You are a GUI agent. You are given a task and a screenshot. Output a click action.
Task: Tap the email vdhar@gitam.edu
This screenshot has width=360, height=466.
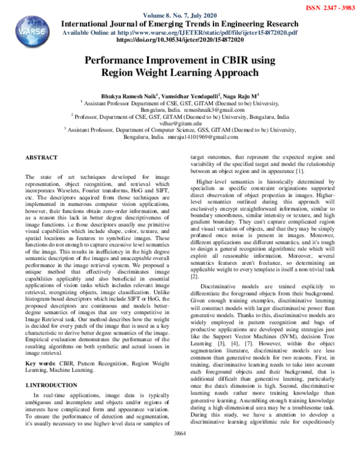[x=179, y=123]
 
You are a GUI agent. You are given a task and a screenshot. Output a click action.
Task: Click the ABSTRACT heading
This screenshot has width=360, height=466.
[x=41, y=157]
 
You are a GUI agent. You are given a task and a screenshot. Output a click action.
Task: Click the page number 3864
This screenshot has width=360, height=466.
[x=179, y=450]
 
